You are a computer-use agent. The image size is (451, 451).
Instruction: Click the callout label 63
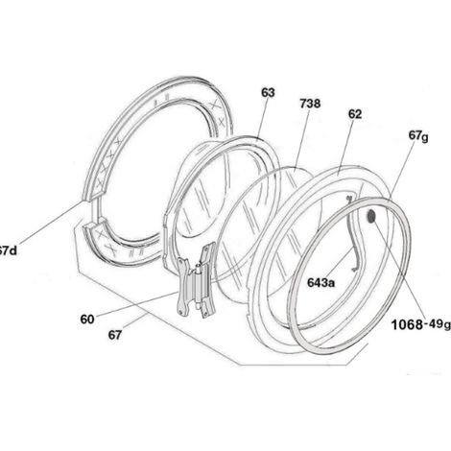pyautogui.click(x=268, y=93)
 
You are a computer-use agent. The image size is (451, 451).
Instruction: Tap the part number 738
pyautogui.click(x=310, y=104)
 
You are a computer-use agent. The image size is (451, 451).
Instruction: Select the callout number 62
pyautogui.click(x=355, y=114)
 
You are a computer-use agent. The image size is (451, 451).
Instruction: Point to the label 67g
pyautogui.click(x=418, y=136)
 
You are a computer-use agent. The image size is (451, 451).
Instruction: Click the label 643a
pyautogui.click(x=320, y=283)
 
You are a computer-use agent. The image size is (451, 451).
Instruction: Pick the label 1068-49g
pyautogui.click(x=421, y=325)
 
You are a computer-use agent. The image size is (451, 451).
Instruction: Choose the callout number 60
pyautogui.click(x=87, y=320)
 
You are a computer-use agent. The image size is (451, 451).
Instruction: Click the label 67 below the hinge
pyautogui.click(x=115, y=335)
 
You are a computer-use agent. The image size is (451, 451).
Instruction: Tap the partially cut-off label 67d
pyautogui.click(x=9, y=250)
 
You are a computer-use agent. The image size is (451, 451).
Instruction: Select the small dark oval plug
pyautogui.click(x=371, y=217)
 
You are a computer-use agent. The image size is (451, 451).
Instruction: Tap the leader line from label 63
pyautogui.click(x=262, y=118)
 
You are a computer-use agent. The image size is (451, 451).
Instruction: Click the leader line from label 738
pyautogui.click(x=301, y=138)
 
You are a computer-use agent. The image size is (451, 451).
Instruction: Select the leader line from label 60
pyautogui.click(x=136, y=303)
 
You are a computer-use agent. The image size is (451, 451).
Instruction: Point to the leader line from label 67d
pyautogui.click(x=50, y=224)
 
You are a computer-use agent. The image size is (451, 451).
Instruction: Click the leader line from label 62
pyautogui.click(x=345, y=143)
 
